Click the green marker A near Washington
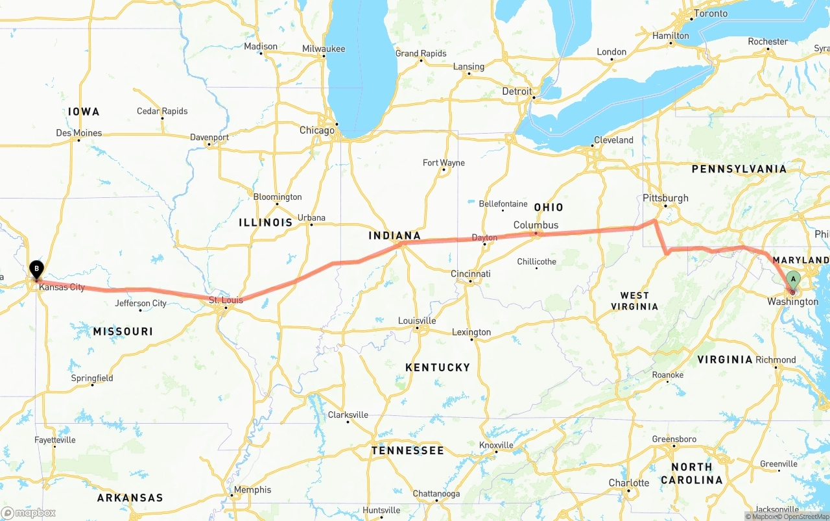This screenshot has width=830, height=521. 792,281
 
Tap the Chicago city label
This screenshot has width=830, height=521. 316,130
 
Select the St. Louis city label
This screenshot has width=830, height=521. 226,300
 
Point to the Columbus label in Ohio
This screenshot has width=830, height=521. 536,225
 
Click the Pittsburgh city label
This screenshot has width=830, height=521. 665,198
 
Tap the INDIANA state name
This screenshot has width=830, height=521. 395,236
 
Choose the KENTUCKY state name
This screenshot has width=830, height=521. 438,367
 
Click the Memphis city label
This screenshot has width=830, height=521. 252,490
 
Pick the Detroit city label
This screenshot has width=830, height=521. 517,91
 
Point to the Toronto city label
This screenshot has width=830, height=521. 711,14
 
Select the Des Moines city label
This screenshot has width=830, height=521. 79,133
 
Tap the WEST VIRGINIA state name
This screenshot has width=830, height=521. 634,301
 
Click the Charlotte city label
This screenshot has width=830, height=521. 628,483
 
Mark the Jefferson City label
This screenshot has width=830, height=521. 141,303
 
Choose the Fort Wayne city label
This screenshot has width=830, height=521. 444,163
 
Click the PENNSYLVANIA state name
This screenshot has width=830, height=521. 739,169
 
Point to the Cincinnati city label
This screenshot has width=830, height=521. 471,274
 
